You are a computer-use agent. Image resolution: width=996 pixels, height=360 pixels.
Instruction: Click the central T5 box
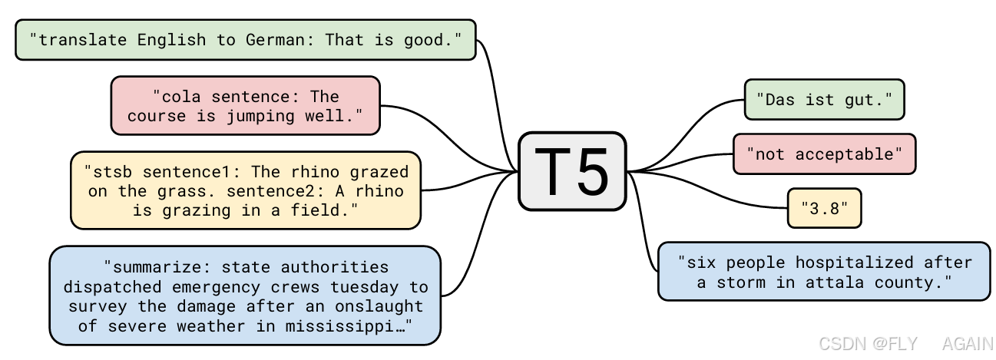[572, 171]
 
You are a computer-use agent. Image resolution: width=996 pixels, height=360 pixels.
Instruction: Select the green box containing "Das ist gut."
[824, 100]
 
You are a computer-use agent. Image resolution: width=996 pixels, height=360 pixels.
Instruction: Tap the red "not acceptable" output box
[824, 154]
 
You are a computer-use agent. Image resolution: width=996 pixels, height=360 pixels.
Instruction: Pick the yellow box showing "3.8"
[824, 208]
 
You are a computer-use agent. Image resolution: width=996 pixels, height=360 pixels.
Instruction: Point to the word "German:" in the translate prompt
[280, 39]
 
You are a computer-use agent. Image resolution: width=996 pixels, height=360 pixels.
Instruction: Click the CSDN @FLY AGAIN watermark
[905, 344]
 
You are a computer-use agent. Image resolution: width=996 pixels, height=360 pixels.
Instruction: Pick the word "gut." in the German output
[872, 100]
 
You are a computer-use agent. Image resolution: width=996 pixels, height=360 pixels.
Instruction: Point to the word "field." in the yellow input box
[329, 210]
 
